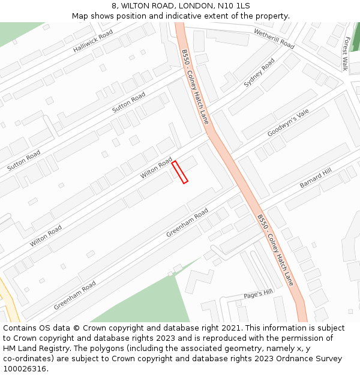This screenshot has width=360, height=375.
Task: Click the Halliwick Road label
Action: coord(93,41)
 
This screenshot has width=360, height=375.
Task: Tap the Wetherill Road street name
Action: coord(274,38)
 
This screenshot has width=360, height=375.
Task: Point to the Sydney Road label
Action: coord(259,73)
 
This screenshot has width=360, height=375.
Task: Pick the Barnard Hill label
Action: coord(316,178)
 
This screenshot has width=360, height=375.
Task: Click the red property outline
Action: coord(180,172)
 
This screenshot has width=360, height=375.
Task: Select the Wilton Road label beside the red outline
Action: coord(156,168)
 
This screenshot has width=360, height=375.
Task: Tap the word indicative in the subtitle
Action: coord(184,16)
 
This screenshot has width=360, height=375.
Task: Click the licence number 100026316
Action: coord(26,369)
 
